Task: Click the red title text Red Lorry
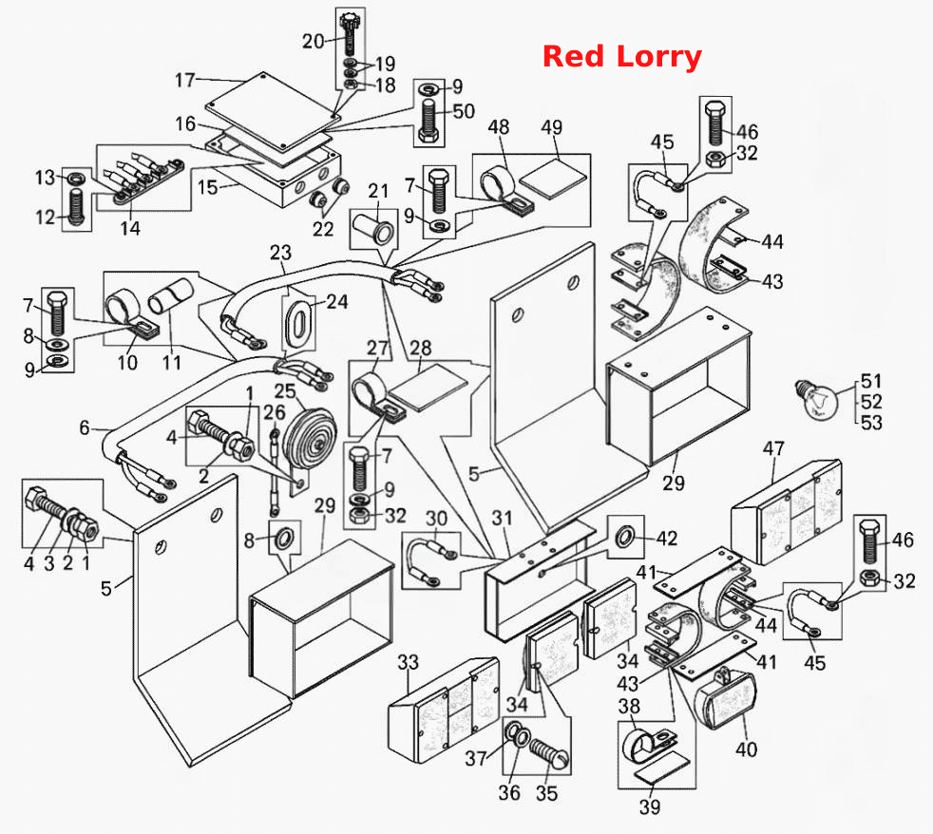click(x=621, y=57)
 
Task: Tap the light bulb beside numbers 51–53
click(x=818, y=399)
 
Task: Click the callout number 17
click(x=185, y=80)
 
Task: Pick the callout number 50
click(x=464, y=111)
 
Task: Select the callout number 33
click(x=409, y=662)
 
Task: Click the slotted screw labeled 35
click(x=549, y=753)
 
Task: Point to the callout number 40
click(x=746, y=749)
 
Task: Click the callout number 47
click(x=773, y=448)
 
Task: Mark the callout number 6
click(x=85, y=427)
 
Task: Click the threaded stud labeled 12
click(x=77, y=206)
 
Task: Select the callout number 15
click(x=208, y=187)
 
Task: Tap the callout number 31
click(x=503, y=518)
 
